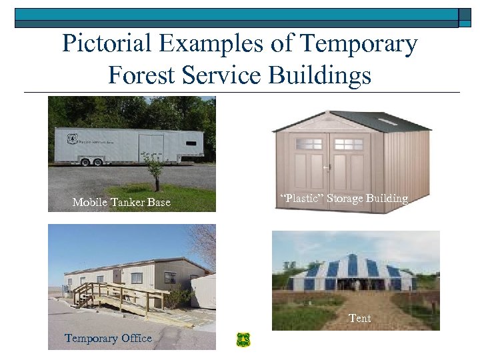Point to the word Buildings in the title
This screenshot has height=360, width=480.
coord(320,75)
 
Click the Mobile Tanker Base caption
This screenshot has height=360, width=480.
coord(121,203)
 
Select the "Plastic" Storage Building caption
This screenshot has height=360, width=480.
coord(345,198)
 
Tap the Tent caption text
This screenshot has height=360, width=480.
coord(360,319)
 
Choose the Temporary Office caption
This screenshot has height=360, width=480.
coord(108,339)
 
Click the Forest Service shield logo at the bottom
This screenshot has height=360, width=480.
coord(243,340)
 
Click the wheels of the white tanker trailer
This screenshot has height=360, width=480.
coord(93,161)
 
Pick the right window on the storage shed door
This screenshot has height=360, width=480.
coord(348,144)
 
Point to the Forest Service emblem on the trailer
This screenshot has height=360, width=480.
coord(72,139)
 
